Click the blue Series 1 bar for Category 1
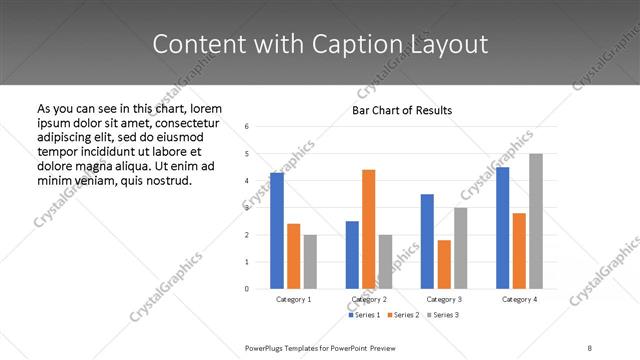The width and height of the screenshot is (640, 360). coord(276,231)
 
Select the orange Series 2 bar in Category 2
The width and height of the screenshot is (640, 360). coord(368,229)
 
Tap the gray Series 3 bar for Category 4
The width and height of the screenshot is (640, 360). coord(536,221)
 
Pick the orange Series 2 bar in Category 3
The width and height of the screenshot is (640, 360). coord(444,264)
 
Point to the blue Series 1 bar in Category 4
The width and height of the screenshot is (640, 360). coord(502,228)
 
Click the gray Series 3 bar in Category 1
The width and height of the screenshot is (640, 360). coord(310,262)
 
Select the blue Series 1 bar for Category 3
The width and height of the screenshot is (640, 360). coord(427,241)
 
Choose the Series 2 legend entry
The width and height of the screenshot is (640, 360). coord(402,316)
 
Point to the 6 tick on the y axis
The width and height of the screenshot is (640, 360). coord(247,126)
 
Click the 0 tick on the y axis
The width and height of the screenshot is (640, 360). coord(247,289)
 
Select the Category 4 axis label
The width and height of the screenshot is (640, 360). coord(519,299)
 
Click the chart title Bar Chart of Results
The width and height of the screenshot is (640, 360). coord(402,110)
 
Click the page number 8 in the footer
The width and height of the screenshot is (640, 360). coord(590,347)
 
